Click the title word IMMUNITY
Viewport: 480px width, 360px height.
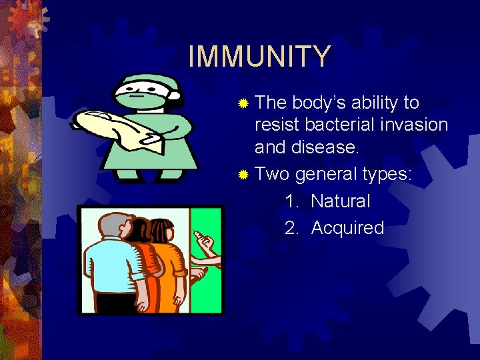(259, 57)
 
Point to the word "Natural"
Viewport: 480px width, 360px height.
(340, 201)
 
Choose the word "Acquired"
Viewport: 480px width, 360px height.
(347, 228)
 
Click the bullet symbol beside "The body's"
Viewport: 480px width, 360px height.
(243, 103)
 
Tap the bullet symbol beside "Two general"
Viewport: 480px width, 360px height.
(243, 175)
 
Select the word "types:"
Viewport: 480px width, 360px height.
(387, 175)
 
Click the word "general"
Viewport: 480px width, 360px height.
(325, 175)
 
